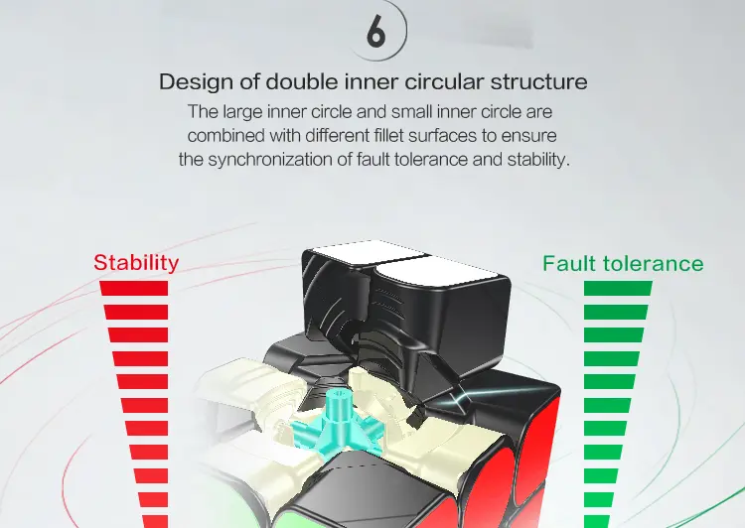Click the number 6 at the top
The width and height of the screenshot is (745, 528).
pyautogui.click(x=375, y=33)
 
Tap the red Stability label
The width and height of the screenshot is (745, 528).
pyautogui.click(x=136, y=263)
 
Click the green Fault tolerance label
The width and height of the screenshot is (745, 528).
pyautogui.click(x=623, y=264)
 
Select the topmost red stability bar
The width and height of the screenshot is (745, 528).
pyautogui.click(x=134, y=288)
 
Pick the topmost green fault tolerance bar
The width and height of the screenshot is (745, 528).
pyautogui.click(x=618, y=288)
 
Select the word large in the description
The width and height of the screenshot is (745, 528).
pyautogui.click(x=243, y=112)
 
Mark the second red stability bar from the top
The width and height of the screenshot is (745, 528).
pyautogui.click(x=136, y=312)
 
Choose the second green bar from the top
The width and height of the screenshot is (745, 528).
pyautogui.click(x=616, y=312)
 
